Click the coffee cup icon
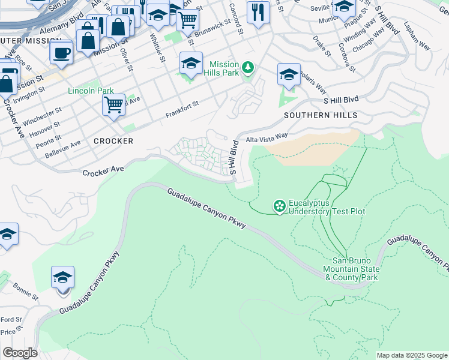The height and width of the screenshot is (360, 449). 61,53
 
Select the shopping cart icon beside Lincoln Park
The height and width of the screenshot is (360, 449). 113,105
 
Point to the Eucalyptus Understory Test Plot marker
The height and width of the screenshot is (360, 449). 279,206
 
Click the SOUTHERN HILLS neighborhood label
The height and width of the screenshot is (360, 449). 321,115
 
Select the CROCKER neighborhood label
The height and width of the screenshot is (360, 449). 113,141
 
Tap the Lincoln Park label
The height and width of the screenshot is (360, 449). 91,91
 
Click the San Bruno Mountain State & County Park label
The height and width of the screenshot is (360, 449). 355,269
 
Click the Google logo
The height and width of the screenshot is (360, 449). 20,353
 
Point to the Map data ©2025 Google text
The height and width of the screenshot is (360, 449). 411,355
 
